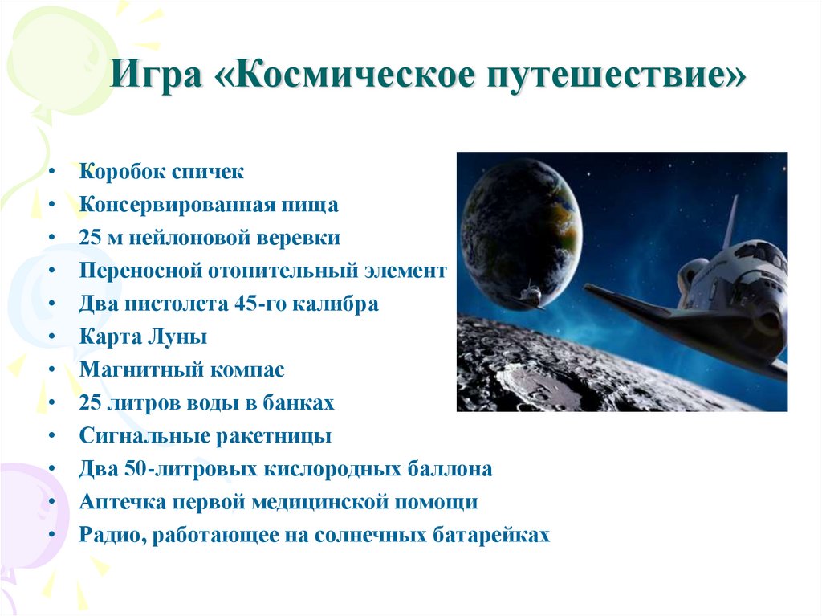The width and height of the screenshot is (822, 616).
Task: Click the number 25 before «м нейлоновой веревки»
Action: click(90, 238)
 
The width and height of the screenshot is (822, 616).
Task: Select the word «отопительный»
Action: click(275, 271)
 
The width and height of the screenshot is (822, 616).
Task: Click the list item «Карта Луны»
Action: click(143, 337)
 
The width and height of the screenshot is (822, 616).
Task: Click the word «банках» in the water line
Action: click(302, 403)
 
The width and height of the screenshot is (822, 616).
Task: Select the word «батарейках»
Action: click(493, 535)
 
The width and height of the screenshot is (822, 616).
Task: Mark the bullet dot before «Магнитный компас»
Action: click(51, 371)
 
